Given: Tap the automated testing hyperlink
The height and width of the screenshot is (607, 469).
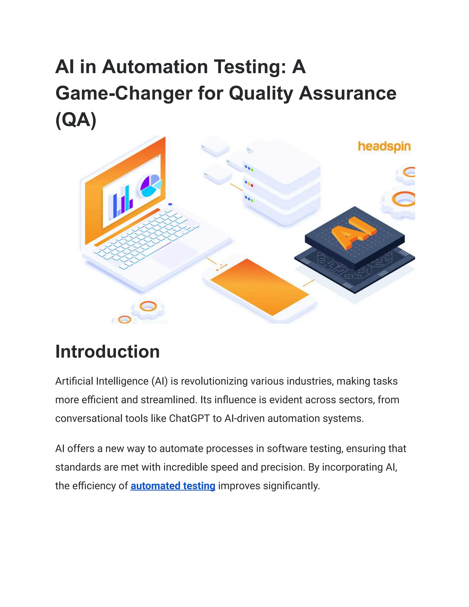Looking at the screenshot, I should pyautogui.click(x=173, y=486).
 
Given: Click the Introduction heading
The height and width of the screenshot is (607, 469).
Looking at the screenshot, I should pyautogui.click(x=108, y=352).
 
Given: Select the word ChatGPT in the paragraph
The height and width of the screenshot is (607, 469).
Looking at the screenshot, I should pyautogui.click(x=189, y=418).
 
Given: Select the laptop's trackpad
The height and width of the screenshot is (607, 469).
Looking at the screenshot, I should pyautogui.click(x=175, y=254).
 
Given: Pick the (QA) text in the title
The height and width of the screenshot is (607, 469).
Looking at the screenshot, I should pyautogui.click(x=76, y=120).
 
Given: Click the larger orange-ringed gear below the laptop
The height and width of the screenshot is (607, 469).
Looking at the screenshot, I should pyautogui.click(x=148, y=306).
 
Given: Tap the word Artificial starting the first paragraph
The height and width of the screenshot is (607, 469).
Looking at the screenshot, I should pyautogui.click(x=74, y=381).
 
